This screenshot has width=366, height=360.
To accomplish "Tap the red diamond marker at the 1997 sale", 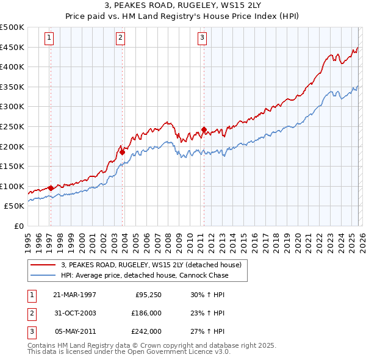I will (51, 188).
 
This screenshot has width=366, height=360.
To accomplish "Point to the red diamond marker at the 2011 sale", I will (204, 129).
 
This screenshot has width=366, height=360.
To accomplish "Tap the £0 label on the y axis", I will (18, 226).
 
